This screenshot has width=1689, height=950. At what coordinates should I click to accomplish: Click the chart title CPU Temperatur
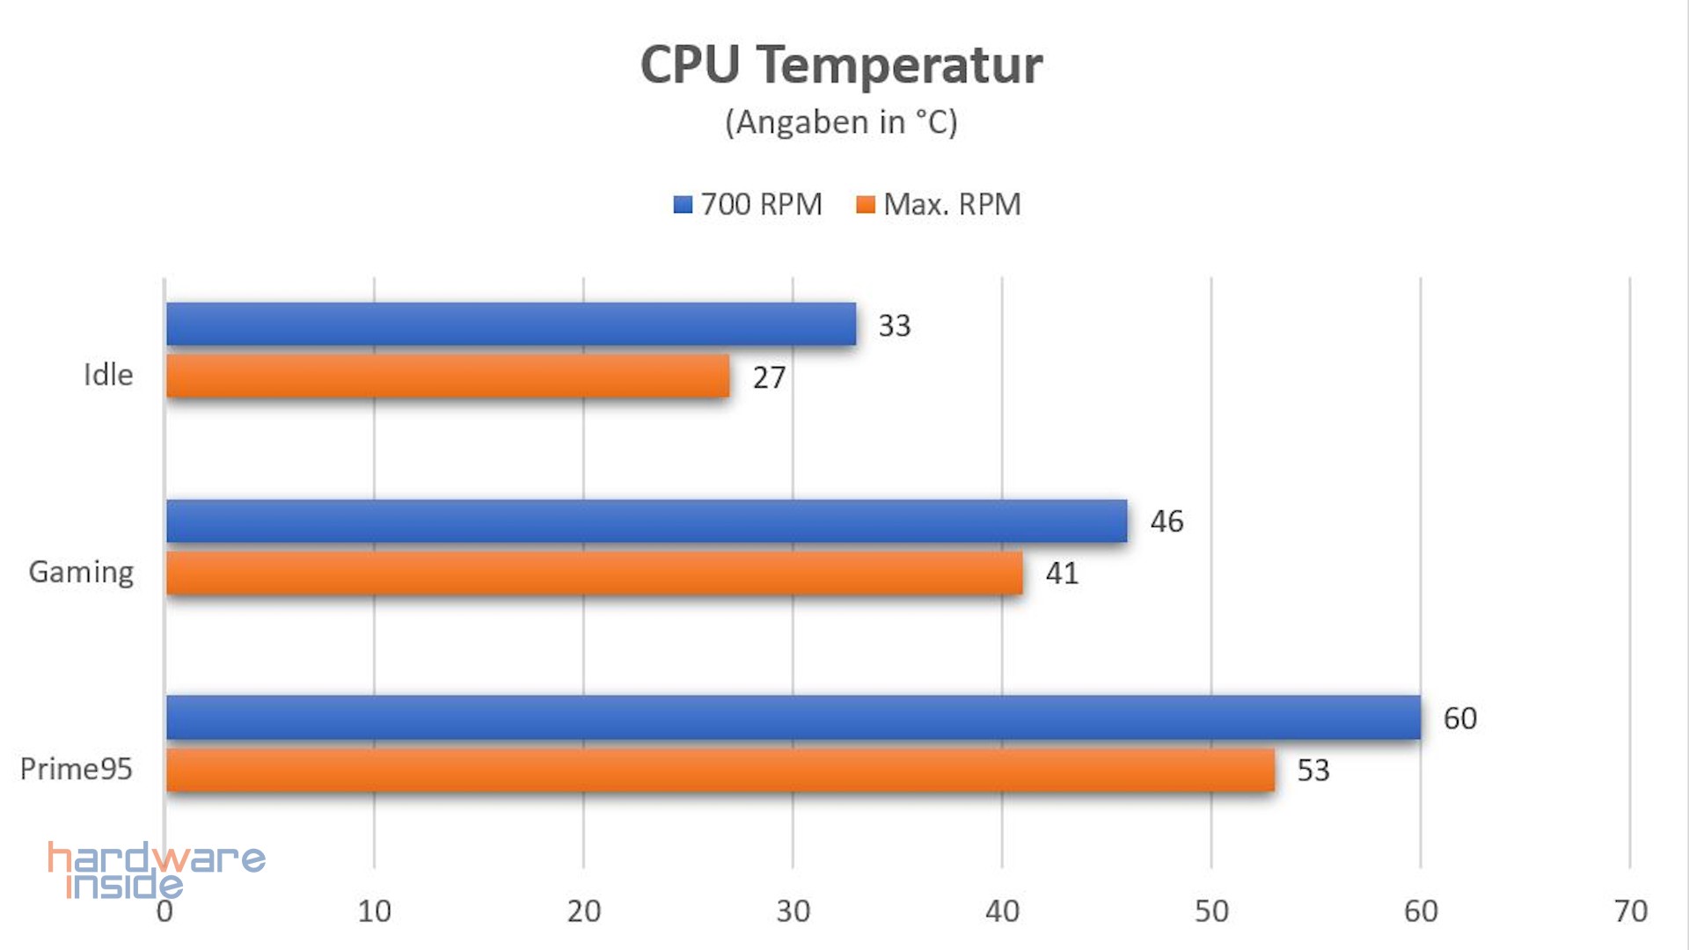point(841,65)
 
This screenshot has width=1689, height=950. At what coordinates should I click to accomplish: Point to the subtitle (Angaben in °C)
point(841,122)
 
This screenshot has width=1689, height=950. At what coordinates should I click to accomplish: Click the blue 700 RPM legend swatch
point(683,205)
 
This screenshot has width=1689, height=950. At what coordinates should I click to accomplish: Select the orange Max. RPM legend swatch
point(866,205)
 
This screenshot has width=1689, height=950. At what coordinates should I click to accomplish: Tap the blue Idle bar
point(511,324)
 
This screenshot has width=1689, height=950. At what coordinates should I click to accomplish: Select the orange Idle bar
point(448,376)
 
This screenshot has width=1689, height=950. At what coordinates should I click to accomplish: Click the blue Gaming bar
point(647,521)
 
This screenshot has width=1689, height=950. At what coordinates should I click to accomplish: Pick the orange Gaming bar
point(595,573)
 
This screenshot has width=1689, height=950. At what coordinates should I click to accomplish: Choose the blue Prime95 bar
point(793,718)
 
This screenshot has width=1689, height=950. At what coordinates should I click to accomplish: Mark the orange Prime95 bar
point(720,770)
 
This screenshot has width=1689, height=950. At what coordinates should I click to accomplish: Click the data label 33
point(895,326)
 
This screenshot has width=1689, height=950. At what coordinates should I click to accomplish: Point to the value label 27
point(769,378)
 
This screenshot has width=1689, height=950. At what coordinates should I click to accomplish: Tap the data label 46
point(1166,522)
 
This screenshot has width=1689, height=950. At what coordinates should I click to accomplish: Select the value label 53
point(1313,771)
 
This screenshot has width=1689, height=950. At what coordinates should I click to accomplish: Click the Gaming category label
point(82,573)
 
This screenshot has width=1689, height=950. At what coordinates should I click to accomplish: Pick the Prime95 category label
point(77,770)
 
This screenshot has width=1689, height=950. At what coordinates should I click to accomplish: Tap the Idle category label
point(108,376)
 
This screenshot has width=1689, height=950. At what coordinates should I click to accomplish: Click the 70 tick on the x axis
point(1630,911)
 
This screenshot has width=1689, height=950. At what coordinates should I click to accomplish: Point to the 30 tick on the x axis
point(793,911)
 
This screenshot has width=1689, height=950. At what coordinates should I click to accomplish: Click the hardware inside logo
point(156,870)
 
